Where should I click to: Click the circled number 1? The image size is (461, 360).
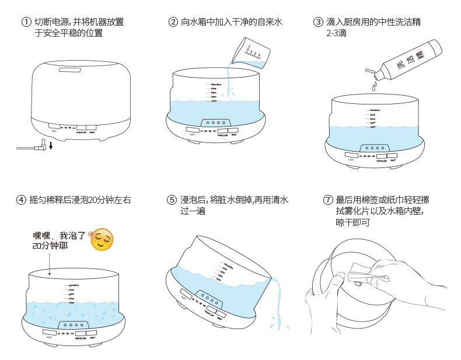(x=26, y=22)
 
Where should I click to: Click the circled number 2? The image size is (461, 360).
(x=173, y=22)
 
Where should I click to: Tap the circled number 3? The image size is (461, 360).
(x=318, y=22)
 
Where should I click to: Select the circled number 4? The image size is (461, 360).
(x=22, y=200)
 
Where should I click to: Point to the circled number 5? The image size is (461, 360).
(x=172, y=200)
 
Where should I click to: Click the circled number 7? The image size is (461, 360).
(x=327, y=200)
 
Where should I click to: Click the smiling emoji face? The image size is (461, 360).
(x=102, y=240)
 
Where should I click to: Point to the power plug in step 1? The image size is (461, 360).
(x=41, y=146)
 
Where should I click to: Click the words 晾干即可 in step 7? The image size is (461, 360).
(x=355, y=222)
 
